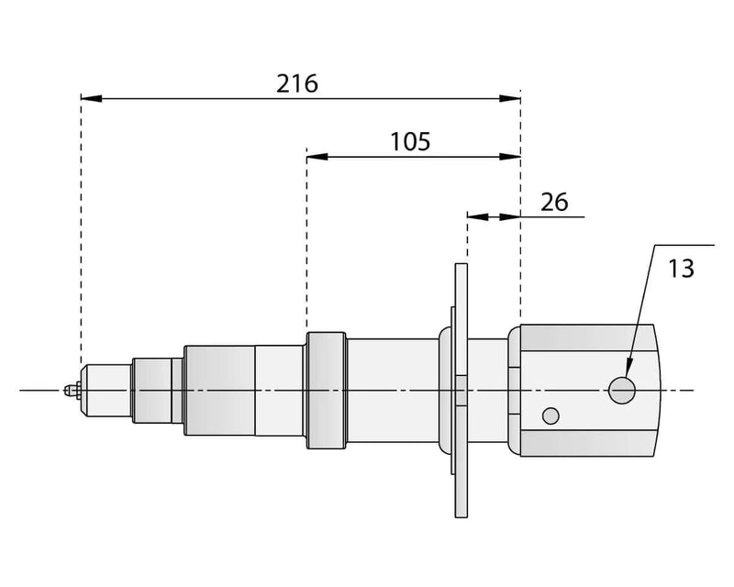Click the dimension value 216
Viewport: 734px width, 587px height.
[x=297, y=83]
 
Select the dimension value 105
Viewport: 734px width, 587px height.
[x=410, y=142]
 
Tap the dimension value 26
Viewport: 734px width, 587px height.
[x=553, y=202]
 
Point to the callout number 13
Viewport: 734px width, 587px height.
[x=681, y=269]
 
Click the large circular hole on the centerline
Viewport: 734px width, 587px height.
[x=622, y=390]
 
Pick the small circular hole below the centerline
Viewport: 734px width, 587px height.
[x=550, y=415]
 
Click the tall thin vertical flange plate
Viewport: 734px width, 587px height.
[x=461, y=390]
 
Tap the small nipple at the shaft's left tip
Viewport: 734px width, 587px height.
[x=69, y=391]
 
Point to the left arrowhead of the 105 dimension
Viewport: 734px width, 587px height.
[x=317, y=156]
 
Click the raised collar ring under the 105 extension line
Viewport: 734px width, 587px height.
[x=326, y=390]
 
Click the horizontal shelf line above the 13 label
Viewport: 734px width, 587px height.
[x=684, y=246]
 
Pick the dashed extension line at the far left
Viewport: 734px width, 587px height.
[x=81, y=229]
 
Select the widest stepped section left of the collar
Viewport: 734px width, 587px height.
[x=219, y=390]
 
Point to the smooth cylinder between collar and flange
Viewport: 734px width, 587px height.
[x=393, y=390]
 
